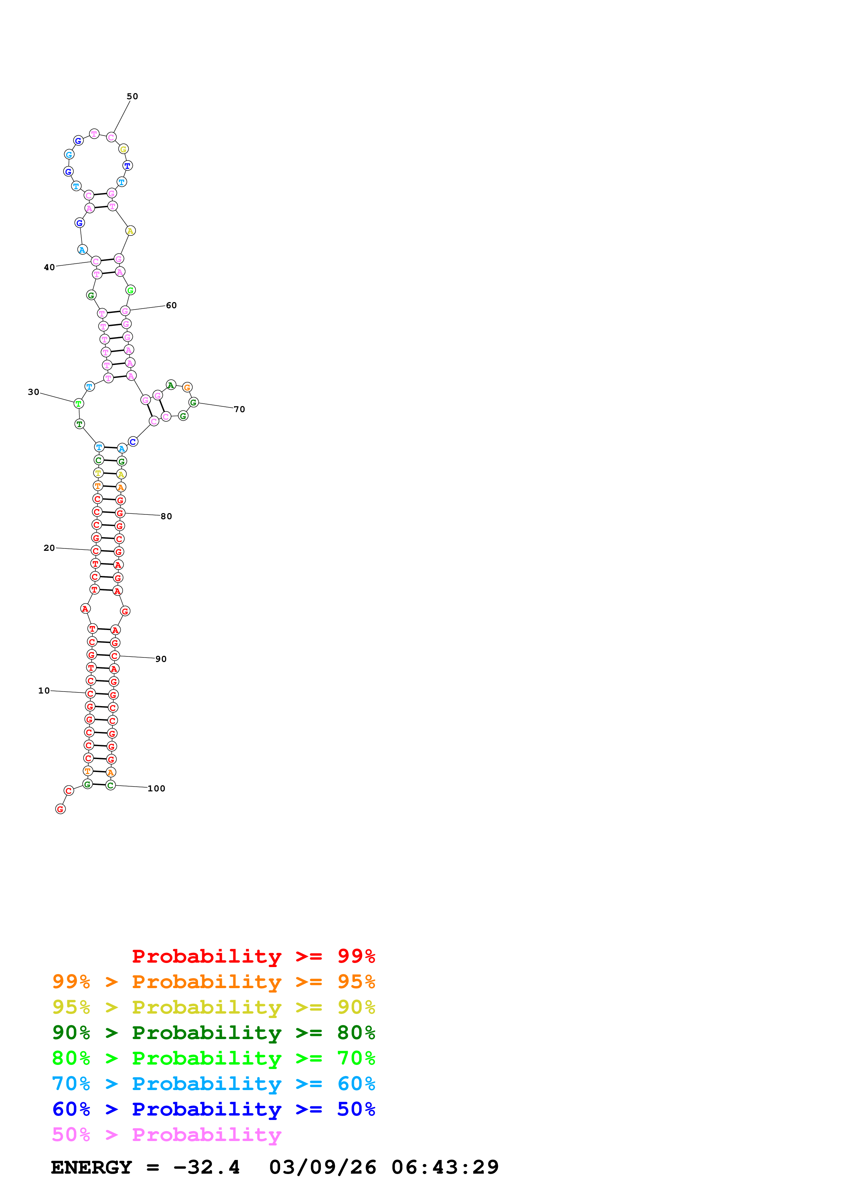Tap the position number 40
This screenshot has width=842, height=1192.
(x=49, y=267)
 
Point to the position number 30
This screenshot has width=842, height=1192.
(x=34, y=392)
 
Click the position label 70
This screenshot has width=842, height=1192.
(x=239, y=409)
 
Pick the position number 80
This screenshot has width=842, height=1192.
(x=166, y=516)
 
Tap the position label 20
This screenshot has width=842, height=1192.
(x=49, y=548)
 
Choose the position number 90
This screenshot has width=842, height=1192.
(x=161, y=659)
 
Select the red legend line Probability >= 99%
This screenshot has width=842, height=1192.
(x=253, y=956)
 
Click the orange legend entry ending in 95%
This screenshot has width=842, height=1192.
(x=213, y=981)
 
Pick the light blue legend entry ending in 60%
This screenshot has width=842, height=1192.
(x=213, y=1084)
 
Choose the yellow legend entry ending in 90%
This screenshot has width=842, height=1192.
(x=213, y=1007)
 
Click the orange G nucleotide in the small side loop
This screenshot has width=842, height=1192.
(x=187, y=387)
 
